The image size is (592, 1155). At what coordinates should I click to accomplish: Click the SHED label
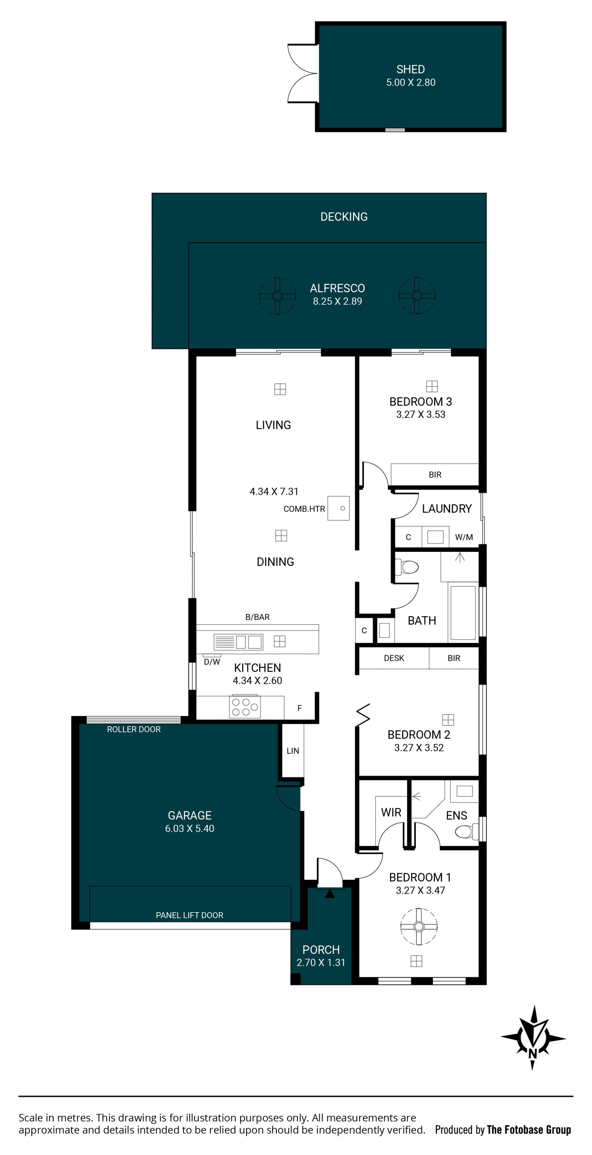pos(410,69)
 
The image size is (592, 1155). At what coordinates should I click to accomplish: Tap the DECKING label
pos(344,217)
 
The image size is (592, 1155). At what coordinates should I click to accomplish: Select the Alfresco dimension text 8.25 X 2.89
pos(337,301)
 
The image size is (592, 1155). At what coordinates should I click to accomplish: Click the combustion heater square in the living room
pos(338,508)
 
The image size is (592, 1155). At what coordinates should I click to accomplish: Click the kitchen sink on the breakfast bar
pos(238,642)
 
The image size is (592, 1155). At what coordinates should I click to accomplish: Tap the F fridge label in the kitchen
pos(299,708)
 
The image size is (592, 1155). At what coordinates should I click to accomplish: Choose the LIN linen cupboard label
pos(293,751)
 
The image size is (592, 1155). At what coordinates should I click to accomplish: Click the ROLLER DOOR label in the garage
pos(134,730)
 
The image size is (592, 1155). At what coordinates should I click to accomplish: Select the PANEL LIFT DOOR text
pos(190,915)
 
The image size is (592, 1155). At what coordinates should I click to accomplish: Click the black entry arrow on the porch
pos(330,894)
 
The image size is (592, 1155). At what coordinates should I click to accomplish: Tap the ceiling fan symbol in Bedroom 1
pos(419,926)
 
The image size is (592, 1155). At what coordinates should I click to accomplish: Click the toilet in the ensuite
pos(466,832)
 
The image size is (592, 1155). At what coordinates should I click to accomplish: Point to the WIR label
pos(391,813)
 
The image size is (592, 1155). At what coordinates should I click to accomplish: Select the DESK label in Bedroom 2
pos(394,658)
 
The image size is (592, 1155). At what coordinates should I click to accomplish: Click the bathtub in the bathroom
pos(463,612)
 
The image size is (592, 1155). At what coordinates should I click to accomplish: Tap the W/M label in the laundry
pos(464,537)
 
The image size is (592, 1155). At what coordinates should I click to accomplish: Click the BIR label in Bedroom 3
pos(435,475)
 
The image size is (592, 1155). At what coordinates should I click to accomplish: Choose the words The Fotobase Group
pos(529,1130)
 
